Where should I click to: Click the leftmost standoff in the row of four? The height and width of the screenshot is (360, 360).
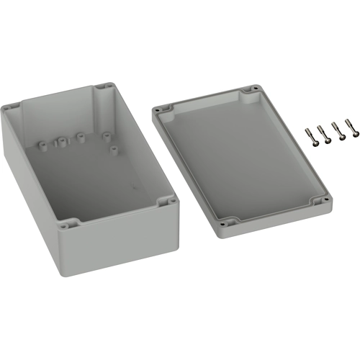click(x=42, y=145)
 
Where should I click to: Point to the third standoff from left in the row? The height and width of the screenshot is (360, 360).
click(x=79, y=135)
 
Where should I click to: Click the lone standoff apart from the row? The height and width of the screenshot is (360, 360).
click(x=114, y=150)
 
